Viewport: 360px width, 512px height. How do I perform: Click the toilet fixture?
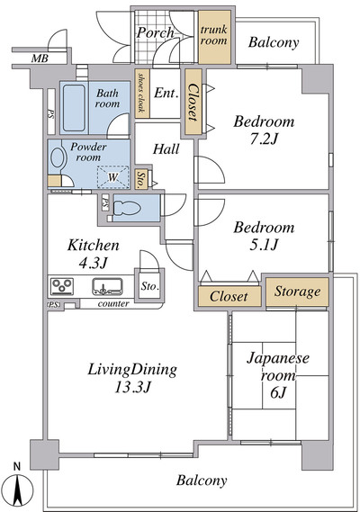127,208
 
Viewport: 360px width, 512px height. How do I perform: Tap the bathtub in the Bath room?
74,108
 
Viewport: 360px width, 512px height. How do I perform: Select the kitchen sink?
107,286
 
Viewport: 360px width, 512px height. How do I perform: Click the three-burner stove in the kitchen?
62,286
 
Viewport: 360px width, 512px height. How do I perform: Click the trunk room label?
214,35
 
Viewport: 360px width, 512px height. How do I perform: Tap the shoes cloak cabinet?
142,94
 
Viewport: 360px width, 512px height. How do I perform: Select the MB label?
40,58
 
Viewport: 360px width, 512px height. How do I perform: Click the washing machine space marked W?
112,177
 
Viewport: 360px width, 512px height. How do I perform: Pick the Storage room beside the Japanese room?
297,292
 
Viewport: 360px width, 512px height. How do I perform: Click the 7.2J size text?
264,139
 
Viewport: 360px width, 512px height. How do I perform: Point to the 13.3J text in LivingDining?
132,388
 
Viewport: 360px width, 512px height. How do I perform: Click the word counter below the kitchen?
113,303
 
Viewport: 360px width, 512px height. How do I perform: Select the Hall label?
166,149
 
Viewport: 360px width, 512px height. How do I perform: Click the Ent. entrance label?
166,94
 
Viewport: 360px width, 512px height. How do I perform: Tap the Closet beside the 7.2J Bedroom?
193,102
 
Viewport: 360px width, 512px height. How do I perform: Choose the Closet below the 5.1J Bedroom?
229,296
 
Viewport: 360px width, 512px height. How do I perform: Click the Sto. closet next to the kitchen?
149,286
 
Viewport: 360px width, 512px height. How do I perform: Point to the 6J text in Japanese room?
278,393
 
